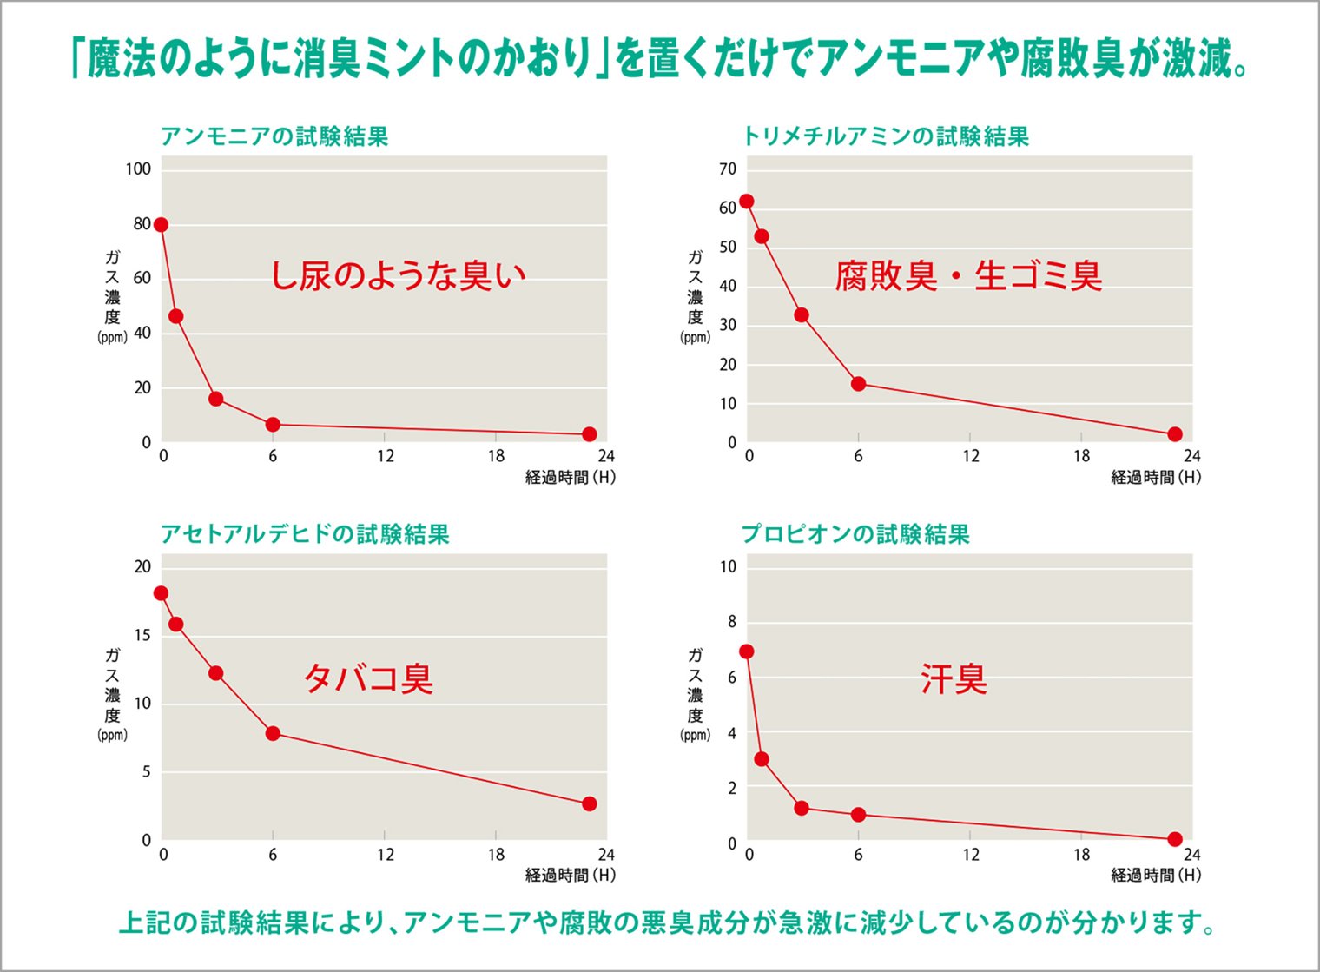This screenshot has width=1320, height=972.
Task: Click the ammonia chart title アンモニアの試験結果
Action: point(274,136)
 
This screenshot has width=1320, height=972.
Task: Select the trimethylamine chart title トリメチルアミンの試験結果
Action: point(885,136)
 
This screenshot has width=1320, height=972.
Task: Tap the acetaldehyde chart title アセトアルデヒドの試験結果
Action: point(305,533)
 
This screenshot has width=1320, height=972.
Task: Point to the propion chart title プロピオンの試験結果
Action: point(855,533)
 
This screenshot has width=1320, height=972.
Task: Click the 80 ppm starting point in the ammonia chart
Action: point(161,225)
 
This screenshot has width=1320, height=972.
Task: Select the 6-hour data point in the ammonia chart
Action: point(273,425)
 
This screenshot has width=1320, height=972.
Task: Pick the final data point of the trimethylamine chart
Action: point(1175,434)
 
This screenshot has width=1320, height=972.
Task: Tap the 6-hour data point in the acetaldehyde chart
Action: point(273,733)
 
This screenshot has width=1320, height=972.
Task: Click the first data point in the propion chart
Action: point(746,651)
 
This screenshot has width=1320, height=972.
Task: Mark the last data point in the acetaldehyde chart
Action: point(590,803)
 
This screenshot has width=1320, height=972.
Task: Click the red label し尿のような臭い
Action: point(398,276)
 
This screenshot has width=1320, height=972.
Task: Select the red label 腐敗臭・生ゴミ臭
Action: point(968,276)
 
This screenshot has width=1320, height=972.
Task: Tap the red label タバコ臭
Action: point(367,678)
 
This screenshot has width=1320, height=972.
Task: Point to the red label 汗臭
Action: point(954,678)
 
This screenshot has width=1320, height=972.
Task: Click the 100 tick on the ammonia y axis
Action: point(138,169)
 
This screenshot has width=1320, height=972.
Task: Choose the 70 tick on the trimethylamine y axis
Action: point(728,169)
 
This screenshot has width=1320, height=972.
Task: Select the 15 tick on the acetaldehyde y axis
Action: point(142,635)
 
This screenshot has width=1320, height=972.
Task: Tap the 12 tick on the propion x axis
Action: point(970,855)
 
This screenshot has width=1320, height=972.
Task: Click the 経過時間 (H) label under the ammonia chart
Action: point(570,477)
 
